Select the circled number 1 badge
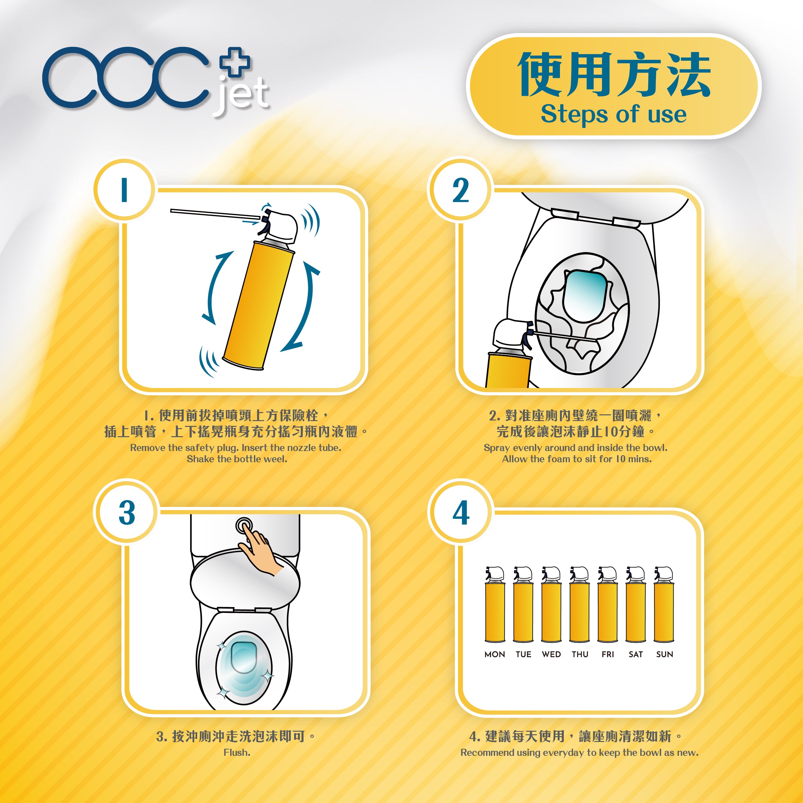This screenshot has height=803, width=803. tap(124, 190)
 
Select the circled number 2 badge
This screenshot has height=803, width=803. tap(460, 190)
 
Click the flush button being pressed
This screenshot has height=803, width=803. tap(244, 525)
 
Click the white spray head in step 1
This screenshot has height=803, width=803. tap(283, 227)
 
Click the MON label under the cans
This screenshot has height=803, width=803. tap(494, 654)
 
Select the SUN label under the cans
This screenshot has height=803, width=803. tap(664, 654)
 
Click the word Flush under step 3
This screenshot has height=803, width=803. tap(237, 752)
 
